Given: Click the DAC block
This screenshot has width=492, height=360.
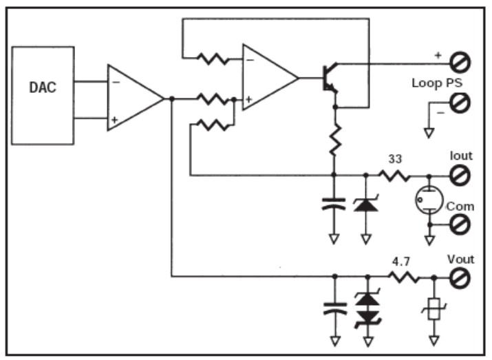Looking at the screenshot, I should pyautogui.click(x=43, y=95).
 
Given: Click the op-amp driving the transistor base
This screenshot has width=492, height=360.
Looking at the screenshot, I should pyautogui.click(x=268, y=78).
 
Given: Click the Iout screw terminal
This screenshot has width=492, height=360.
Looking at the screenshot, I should pyautogui.click(x=460, y=176).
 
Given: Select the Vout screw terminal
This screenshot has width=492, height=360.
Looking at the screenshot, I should pyautogui.click(x=460, y=277).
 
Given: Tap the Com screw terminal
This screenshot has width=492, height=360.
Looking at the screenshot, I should pyautogui.click(x=460, y=223).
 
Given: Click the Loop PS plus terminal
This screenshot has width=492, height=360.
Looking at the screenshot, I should pyautogui.click(x=460, y=63).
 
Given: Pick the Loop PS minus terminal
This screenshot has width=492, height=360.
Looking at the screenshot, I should pyautogui.click(x=460, y=105).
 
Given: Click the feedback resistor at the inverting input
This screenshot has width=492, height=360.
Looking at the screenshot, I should pyautogui.click(x=213, y=59).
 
